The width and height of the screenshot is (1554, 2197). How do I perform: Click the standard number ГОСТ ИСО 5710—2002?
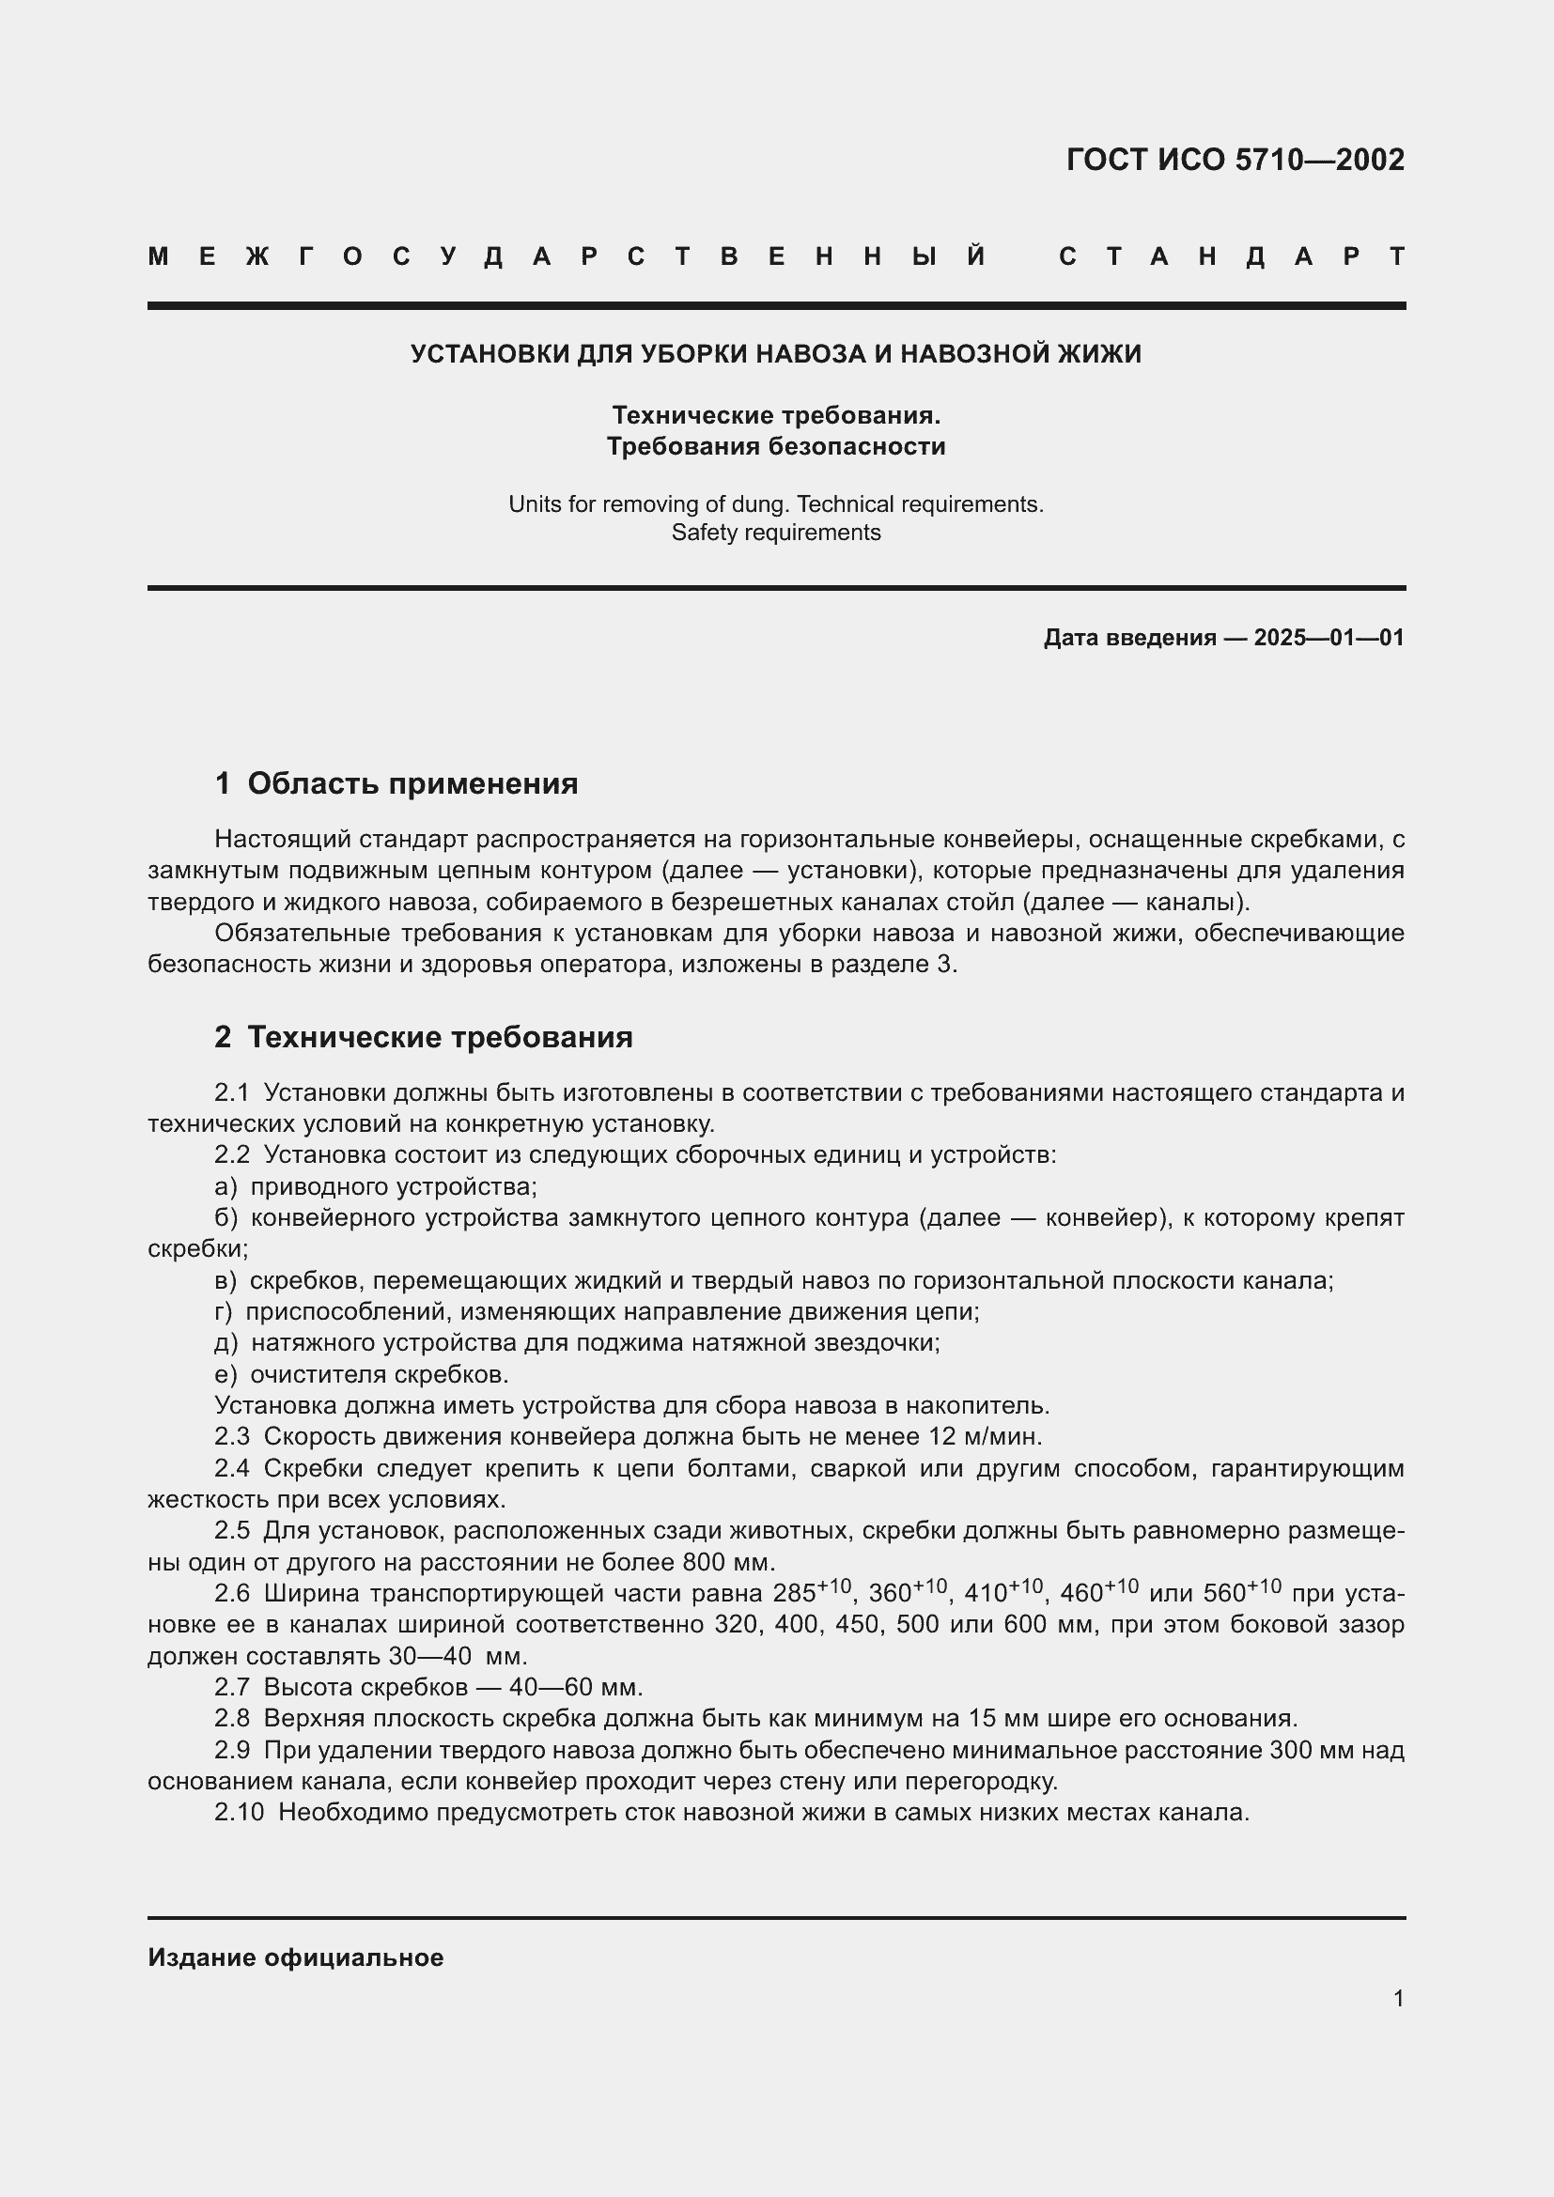point(1235,159)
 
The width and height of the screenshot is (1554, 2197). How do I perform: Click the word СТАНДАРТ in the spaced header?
point(1232,256)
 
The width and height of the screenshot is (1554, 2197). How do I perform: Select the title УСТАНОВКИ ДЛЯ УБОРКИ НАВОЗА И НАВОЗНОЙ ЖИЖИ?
point(775,354)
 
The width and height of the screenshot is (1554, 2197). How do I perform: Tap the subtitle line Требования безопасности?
point(775,447)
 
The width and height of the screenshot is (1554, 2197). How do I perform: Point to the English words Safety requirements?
point(775,533)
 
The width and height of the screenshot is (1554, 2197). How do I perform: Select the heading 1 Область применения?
point(396,783)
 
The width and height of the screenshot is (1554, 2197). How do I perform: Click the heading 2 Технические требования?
point(423,1037)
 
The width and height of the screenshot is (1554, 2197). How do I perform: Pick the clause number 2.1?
point(231,1092)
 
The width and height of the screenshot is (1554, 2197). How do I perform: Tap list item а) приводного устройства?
point(375,1186)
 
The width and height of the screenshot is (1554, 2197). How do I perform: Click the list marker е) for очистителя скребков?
point(225,1375)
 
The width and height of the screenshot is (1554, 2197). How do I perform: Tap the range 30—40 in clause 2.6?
point(429,1656)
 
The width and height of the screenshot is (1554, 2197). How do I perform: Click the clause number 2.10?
point(239,1812)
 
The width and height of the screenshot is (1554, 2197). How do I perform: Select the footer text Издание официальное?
point(295,1957)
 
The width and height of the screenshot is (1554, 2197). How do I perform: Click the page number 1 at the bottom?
point(1398,1999)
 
